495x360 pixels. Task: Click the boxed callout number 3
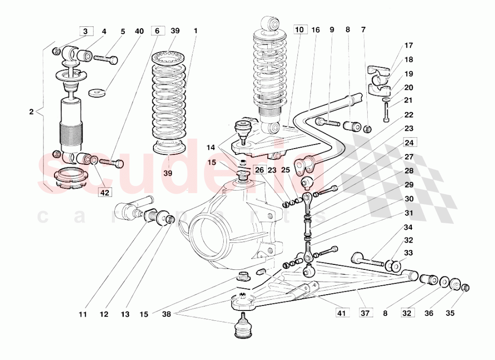(86, 31)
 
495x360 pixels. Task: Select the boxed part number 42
(104, 193)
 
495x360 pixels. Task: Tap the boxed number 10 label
(299, 30)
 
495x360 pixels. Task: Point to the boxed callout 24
(409, 143)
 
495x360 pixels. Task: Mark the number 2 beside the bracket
(31, 112)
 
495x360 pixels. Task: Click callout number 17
(408, 46)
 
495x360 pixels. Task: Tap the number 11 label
(82, 313)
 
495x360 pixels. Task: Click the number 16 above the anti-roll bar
(316, 30)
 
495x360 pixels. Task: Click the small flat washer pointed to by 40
(96, 93)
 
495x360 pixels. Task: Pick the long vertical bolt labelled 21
(386, 112)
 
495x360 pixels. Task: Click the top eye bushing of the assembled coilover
(272, 23)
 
